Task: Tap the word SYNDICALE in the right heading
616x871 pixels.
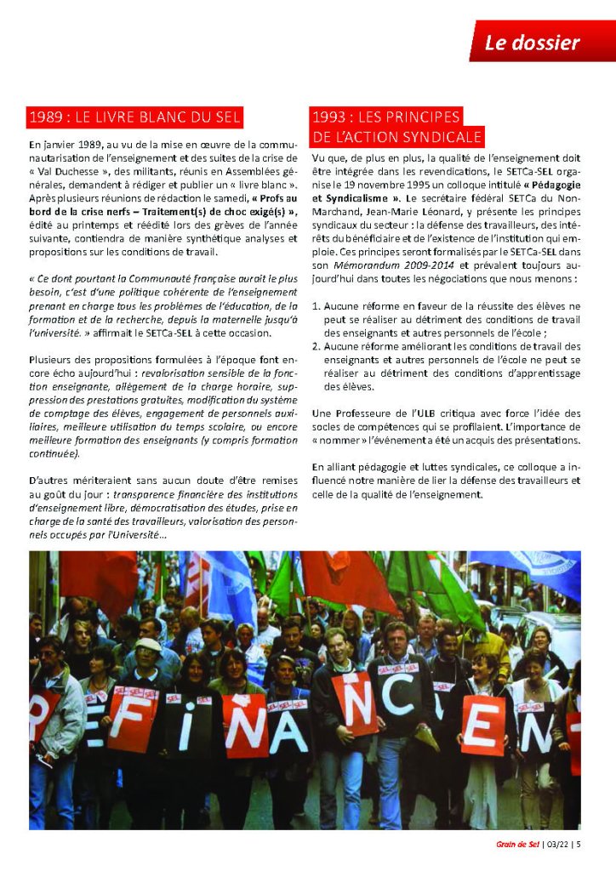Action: pyautogui.click(x=442, y=136)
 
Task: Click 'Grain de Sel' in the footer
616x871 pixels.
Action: pyautogui.click(x=516, y=844)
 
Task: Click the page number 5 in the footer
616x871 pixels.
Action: pyautogui.click(x=579, y=844)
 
